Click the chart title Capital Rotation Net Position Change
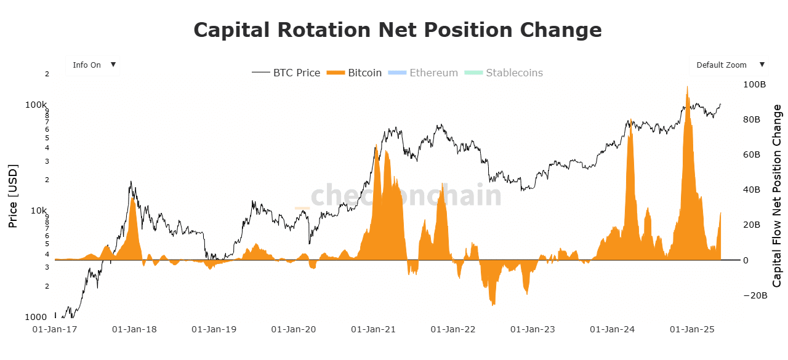coord(397,30)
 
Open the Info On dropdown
coord(93,65)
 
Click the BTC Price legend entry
coord(286,73)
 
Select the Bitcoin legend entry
coord(356,73)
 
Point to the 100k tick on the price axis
coord(36,105)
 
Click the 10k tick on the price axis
coord(38,210)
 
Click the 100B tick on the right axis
coord(755,84)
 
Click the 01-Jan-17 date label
coord(55,329)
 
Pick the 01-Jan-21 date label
coord(374,329)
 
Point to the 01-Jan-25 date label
coord(693,329)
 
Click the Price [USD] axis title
coord(13,196)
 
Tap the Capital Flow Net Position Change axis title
coord(778,196)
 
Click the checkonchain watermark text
coord(406,195)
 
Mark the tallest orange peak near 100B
coord(687,87)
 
